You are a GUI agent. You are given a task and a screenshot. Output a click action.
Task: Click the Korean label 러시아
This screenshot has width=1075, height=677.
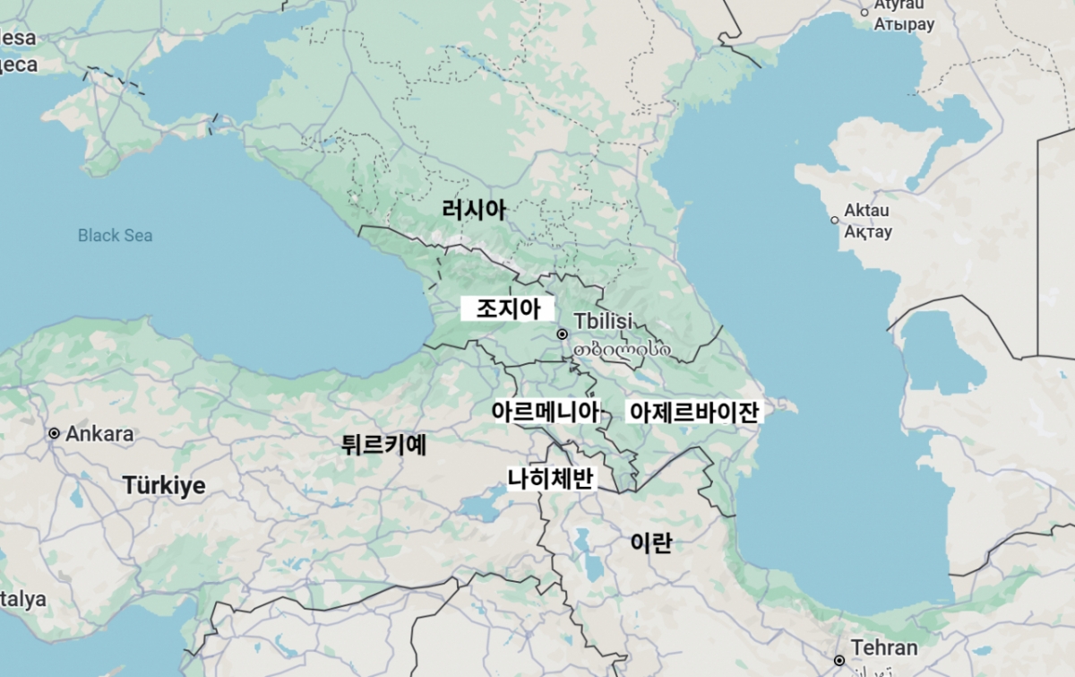[474, 211]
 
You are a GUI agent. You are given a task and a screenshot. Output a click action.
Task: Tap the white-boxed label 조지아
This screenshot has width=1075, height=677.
[508, 309]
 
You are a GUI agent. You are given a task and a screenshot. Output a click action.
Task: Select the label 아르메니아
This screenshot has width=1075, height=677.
[545, 412]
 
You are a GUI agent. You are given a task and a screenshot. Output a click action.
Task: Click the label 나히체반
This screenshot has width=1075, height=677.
[550, 478]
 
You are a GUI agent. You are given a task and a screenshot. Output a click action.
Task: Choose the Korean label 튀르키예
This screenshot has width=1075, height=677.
[383, 444]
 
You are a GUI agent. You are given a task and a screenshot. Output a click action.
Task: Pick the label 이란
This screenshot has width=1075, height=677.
[651, 542]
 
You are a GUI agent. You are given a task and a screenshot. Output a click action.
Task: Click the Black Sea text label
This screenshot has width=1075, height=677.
[115, 236]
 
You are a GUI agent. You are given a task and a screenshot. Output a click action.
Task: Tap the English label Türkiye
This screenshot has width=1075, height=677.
[164, 486]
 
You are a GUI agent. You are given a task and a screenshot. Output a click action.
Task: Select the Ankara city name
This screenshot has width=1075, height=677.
[99, 434]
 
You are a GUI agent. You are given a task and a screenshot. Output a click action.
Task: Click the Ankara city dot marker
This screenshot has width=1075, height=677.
[54, 434]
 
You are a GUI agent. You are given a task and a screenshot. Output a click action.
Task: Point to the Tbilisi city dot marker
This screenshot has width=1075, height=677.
[563, 334]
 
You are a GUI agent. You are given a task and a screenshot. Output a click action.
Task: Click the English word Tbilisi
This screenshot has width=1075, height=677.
[603, 321]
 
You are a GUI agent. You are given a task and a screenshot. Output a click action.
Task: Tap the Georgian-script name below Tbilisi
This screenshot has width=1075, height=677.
[623, 349]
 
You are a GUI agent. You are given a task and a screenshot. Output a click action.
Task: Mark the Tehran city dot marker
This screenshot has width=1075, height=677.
[839, 661]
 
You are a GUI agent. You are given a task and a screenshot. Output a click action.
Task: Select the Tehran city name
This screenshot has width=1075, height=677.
[884, 647]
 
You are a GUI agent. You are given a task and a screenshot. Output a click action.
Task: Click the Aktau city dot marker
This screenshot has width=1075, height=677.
[835, 220]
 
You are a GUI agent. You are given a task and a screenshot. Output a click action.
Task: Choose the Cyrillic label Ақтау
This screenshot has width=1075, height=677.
[868, 232]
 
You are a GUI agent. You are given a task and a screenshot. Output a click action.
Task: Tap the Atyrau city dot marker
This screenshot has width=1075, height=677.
[864, 12]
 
